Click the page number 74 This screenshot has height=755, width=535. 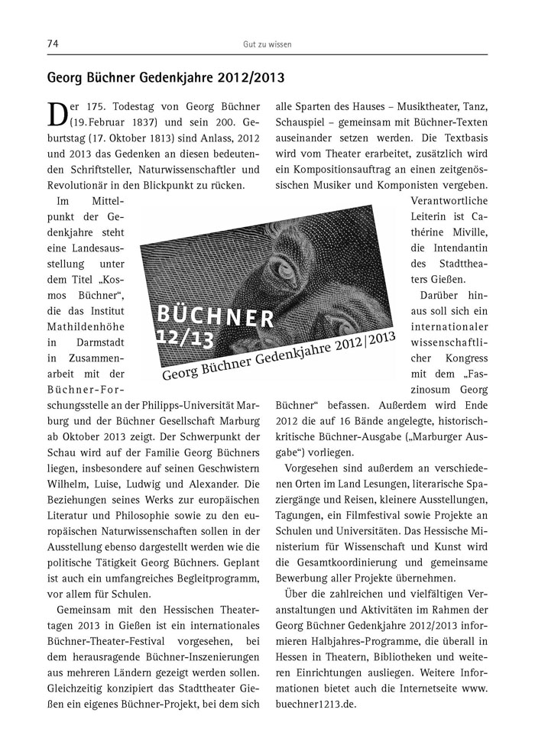(53, 44)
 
